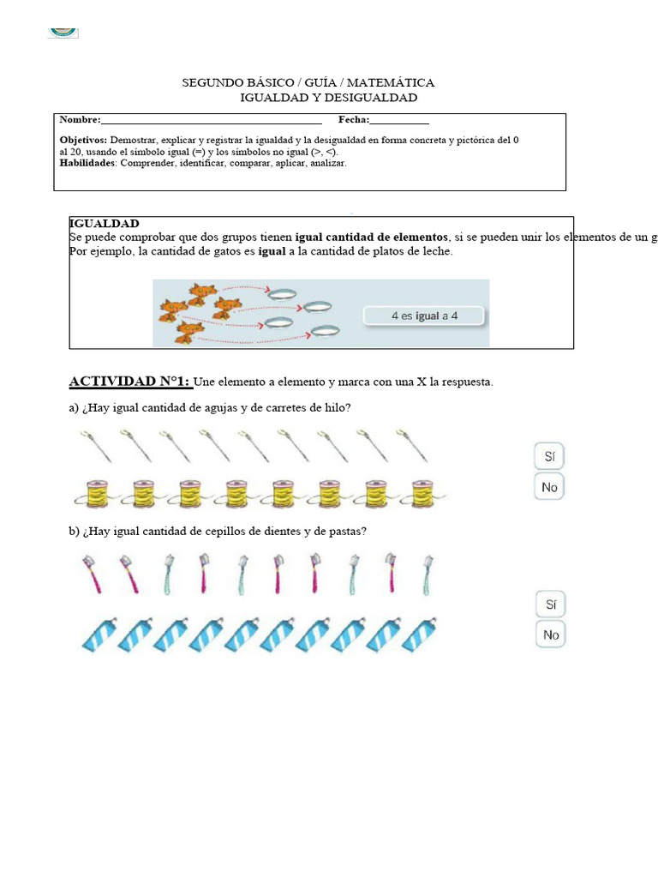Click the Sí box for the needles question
pyautogui.click(x=550, y=455)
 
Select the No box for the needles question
pyautogui.click(x=550, y=487)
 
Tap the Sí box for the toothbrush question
pyautogui.click(x=550, y=604)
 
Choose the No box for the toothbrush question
pyautogui.click(x=550, y=634)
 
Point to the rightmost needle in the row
pyautogui.click(x=412, y=446)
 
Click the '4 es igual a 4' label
pyautogui.click(x=424, y=316)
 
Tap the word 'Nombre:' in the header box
pyautogui.click(x=80, y=120)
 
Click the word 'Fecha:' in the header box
pyautogui.click(x=354, y=120)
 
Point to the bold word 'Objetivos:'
pyautogui.click(x=83, y=140)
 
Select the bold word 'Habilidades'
pyautogui.click(x=87, y=163)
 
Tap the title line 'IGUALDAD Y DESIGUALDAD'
pyautogui.click(x=328, y=98)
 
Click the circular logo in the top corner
pyautogui.click(x=63, y=31)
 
